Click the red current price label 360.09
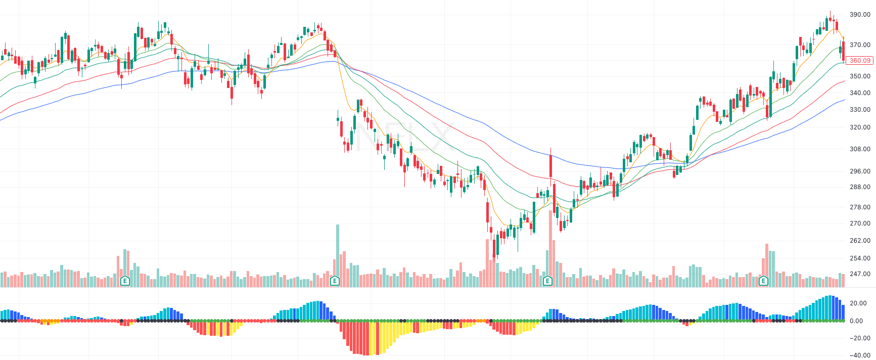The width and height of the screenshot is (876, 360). pyautogui.click(x=859, y=61)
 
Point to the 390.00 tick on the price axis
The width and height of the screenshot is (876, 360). pyautogui.click(x=860, y=15)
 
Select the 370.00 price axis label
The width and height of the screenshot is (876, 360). pyautogui.click(x=860, y=45)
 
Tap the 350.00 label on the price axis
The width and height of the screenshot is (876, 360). pyautogui.click(x=860, y=76)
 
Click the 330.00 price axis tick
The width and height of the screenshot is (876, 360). pyautogui.click(x=860, y=110)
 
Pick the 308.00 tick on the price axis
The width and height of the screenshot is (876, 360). pyautogui.click(x=860, y=149)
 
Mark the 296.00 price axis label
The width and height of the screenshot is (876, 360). pyautogui.click(x=860, y=171)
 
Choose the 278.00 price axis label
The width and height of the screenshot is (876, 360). pyautogui.click(x=860, y=207)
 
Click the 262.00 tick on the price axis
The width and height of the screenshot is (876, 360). pyautogui.click(x=860, y=241)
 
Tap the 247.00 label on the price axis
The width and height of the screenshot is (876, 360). pyautogui.click(x=860, y=274)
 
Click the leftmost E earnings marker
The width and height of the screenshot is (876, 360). pyautogui.click(x=125, y=281)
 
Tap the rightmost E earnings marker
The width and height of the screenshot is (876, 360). pyautogui.click(x=763, y=281)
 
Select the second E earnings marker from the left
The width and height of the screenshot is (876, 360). pyautogui.click(x=334, y=281)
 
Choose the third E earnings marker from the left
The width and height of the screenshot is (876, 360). pyautogui.click(x=547, y=281)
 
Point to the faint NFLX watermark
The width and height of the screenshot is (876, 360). pyautogui.click(x=404, y=137)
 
